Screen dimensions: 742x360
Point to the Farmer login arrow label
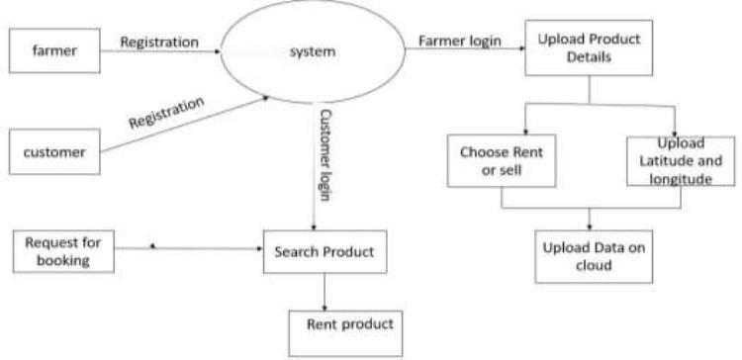[x=459, y=41]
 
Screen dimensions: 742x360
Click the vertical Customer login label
[x=325, y=155]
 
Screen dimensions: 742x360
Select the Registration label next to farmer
[x=159, y=43]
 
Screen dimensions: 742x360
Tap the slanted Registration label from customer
[x=166, y=113]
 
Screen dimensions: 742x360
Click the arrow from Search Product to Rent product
[x=325, y=292]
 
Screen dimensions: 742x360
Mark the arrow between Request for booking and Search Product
[x=189, y=248]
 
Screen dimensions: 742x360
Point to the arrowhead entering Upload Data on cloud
[x=590, y=227]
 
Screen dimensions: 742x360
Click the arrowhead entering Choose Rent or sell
[x=525, y=132]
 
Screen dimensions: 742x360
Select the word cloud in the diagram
[x=594, y=265]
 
